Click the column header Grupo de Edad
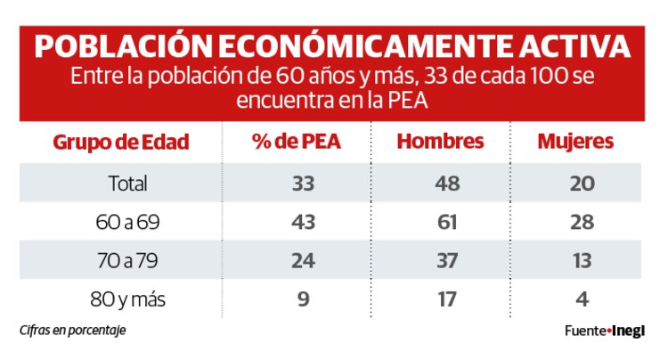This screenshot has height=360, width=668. point(121,142)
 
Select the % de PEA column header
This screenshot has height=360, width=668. point(304,142)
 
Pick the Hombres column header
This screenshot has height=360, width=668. point(440,142)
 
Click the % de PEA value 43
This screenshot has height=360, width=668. point(304,222)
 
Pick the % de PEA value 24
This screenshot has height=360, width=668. point(304,261)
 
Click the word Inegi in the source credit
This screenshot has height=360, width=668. point(629,331)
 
